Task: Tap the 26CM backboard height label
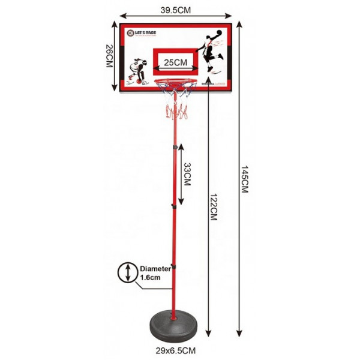coord(109,58)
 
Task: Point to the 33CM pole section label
coord(187,175)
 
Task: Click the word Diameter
coord(156,269)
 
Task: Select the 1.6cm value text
coord(151,278)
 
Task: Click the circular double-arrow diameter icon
coord(128,273)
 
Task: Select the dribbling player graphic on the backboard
coord(139,70)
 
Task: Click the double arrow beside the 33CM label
coord(181,174)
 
